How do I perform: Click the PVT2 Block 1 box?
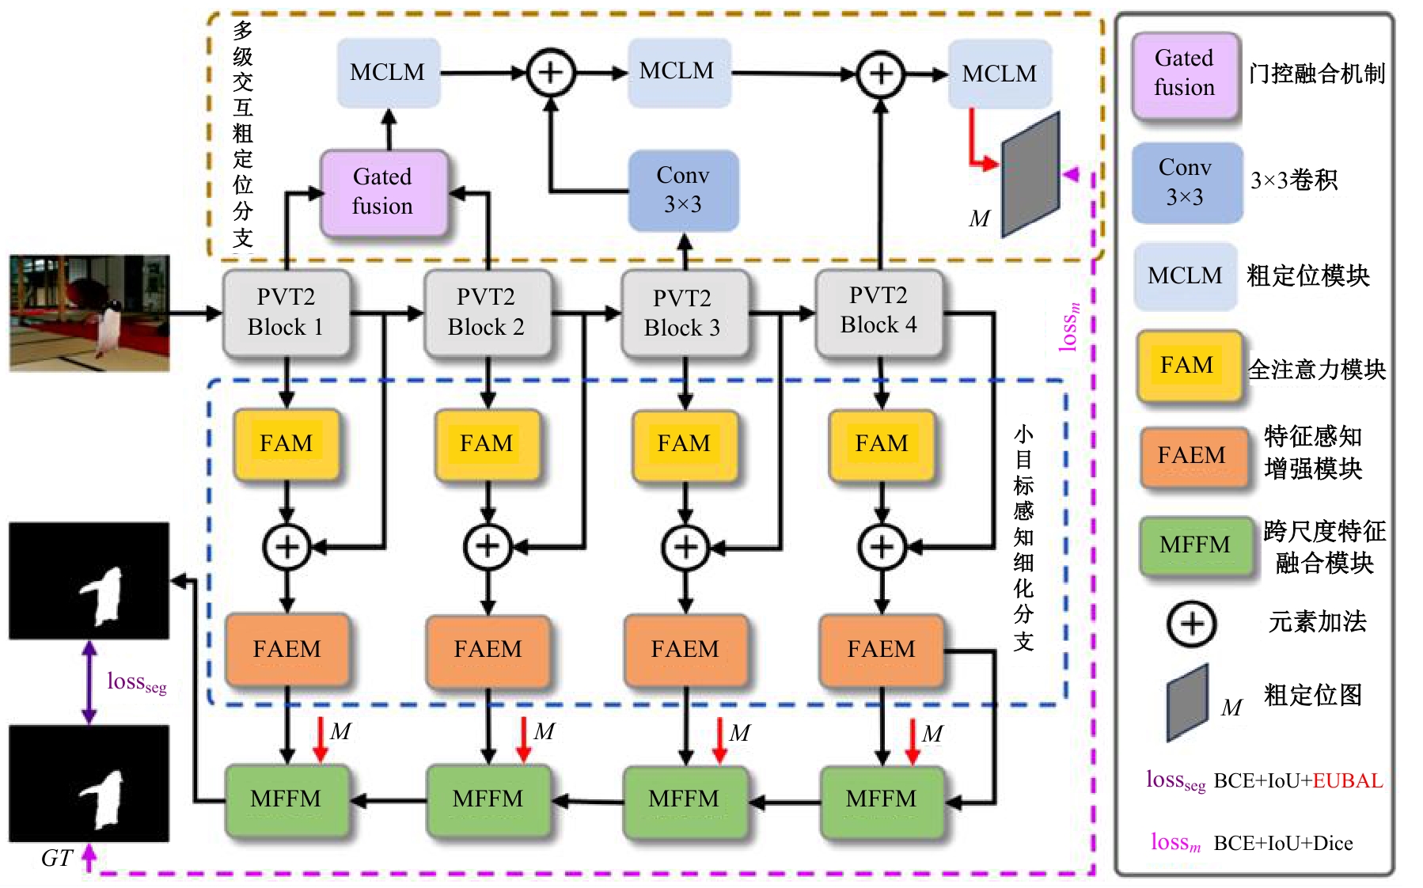point(286,313)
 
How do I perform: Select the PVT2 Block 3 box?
point(683,313)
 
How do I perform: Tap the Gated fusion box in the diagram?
point(383,192)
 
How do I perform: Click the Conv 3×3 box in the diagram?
point(683,191)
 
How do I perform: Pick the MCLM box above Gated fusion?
point(388,73)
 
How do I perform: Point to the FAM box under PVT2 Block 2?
point(487,444)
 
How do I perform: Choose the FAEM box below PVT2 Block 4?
point(881,650)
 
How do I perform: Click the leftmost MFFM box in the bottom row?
point(286,800)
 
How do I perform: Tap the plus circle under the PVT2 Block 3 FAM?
point(685,547)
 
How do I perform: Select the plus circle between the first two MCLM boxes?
point(551,73)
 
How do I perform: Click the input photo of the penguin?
point(89,313)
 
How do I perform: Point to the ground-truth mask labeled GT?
point(89,783)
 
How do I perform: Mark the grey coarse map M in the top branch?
point(1030,176)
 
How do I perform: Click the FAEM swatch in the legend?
point(1192,456)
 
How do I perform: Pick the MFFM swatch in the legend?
point(1195,546)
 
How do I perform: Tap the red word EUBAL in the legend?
point(1347,781)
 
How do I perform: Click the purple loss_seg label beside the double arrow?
point(136,682)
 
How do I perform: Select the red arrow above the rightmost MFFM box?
point(912,741)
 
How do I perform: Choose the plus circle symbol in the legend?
point(1191,624)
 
